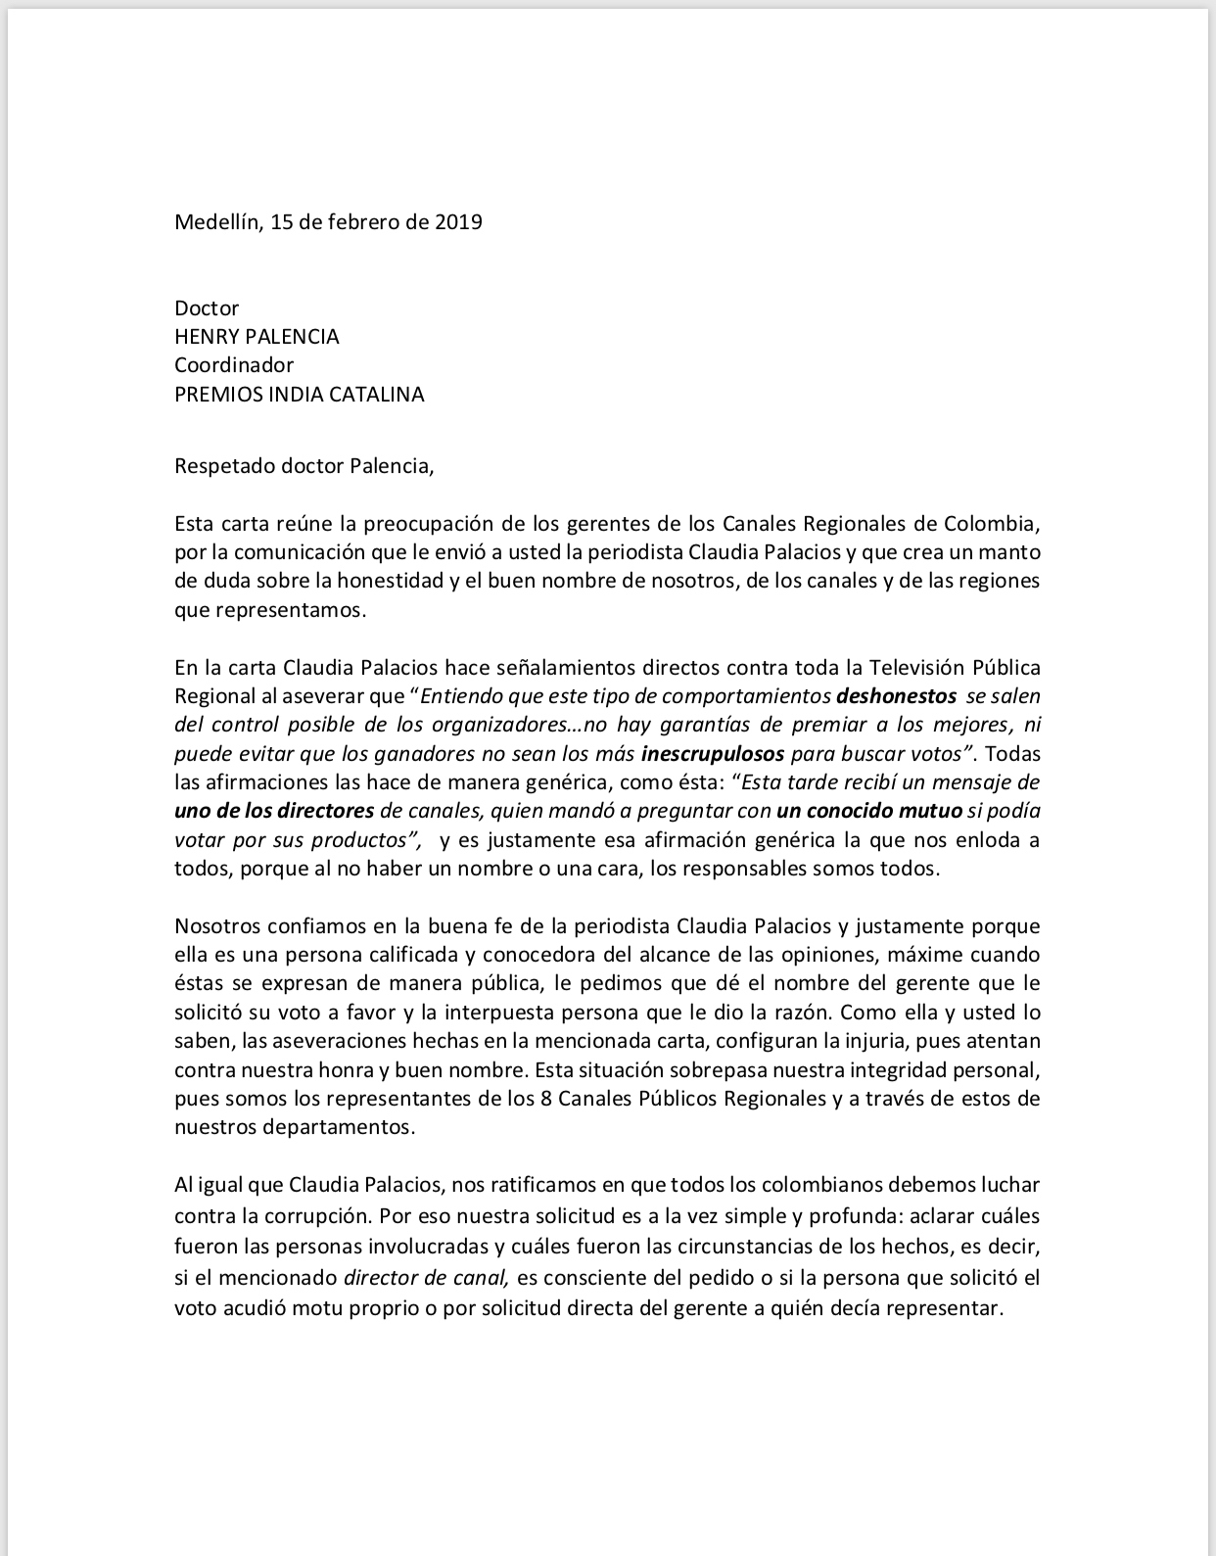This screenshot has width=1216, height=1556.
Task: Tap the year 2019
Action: click(458, 221)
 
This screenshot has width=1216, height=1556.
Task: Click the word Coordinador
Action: click(234, 365)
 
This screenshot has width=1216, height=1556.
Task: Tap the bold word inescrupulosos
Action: click(713, 754)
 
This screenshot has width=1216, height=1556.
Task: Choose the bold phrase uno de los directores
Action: click(274, 811)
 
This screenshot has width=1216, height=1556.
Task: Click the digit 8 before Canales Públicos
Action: click(544, 1098)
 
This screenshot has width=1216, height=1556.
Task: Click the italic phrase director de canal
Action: click(426, 1278)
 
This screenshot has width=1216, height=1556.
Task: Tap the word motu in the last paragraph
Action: click(300, 1308)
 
